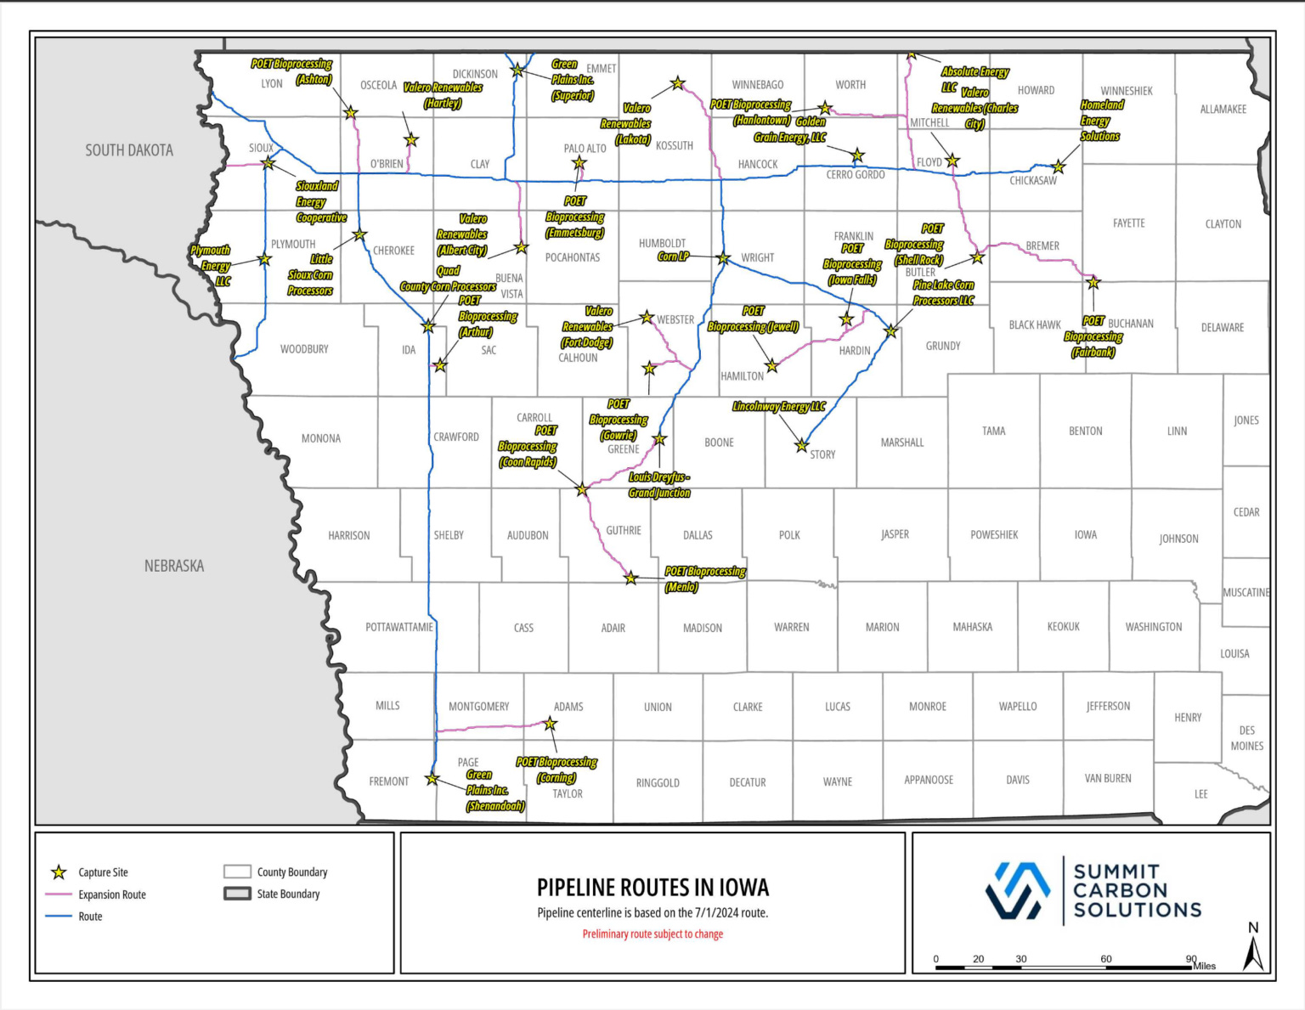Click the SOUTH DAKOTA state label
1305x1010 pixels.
pyautogui.click(x=129, y=150)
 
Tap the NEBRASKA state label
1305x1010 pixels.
pyautogui.click(x=174, y=566)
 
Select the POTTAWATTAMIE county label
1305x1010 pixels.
pyautogui.click(x=399, y=627)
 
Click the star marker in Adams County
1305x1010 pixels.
pyautogui.click(x=551, y=724)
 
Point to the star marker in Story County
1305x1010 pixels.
pyautogui.click(x=801, y=445)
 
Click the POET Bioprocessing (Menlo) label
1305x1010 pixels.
pyautogui.click(x=704, y=578)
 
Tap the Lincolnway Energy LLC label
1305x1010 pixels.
pyautogui.click(x=778, y=407)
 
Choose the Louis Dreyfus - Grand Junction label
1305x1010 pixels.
pyautogui.click(x=659, y=485)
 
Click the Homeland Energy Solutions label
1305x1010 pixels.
pyautogui.click(x=1101, y=121)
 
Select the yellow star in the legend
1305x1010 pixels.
pyautogui.click(x=59, y=872)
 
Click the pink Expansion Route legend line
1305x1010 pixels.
pyautogui.click(x=58, y=894)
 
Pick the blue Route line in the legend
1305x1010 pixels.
pyautogui.click(x=58, y=917)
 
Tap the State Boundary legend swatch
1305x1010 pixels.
pyautogui.click(x=237, y=894)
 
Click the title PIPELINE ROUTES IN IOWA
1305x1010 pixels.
pyautogui.click(x=652, y=888)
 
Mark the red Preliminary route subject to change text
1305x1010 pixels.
pyautogui.click(x=652, y=934)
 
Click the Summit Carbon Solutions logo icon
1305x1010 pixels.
pyautogui.click(x=1018, y=890)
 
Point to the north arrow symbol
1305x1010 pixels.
pyautogui.click(x=1253, y=951)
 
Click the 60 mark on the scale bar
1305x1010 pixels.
pyautogui.click(x=1106, y=959)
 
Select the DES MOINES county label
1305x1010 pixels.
pyautogui.click(x=1246, y=738)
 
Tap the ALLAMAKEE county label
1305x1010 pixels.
pyautogui.click(x=1223, y=110)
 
